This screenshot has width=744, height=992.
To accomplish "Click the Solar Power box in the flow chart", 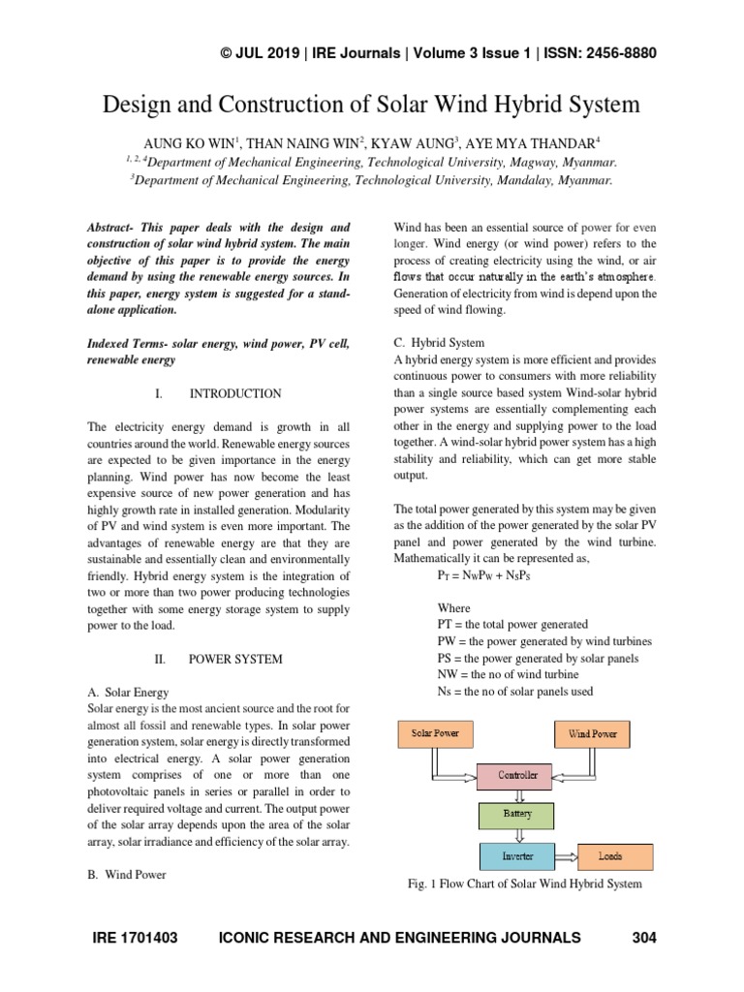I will tap(435, 733).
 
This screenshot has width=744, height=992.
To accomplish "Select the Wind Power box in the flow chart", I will tap(592, 733).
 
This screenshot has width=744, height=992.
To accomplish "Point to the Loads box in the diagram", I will tap(610, 856).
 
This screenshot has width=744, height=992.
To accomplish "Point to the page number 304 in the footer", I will tap(644, 938).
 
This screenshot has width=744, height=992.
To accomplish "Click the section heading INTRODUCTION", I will tap(234, 393).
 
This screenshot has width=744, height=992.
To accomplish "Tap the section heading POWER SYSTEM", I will tap(235, 659).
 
